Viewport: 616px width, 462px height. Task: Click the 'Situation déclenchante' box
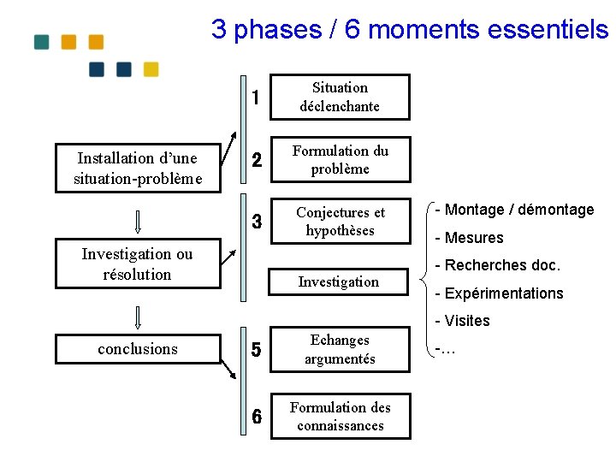[x=340, y=97]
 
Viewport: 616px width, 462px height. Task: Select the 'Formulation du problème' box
[x=340, y=160]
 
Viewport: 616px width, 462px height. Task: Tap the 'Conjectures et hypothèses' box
[x=340, y=222]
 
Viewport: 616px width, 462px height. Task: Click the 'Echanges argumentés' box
[x=340, y=349]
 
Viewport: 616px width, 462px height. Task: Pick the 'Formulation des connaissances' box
[x=340, y=417]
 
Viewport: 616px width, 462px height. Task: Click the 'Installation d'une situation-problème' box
[x=137, y=168]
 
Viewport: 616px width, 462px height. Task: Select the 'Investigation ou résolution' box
[x=137, y=264]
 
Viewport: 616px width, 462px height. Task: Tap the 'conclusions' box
[x=137, y=349]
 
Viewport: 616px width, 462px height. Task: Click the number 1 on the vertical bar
[x=256, y=98]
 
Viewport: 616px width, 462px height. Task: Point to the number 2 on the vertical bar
[x=256, y=161]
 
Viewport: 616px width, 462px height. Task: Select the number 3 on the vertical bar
[x=256, y=222]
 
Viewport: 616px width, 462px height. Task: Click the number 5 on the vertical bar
[x=256, y=350]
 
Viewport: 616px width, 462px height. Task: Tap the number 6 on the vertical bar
[x=256, y=417]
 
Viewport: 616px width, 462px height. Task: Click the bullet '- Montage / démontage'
[x=514, y=210]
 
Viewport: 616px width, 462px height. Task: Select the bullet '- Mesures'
[x=469, y=238]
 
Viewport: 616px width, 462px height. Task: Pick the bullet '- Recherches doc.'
[x=497, y=265]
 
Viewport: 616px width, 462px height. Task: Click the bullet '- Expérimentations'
[x=499, y=293]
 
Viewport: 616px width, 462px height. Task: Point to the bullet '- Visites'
[x=462, y=321]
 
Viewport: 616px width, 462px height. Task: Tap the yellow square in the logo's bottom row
[x=151, y=69]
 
